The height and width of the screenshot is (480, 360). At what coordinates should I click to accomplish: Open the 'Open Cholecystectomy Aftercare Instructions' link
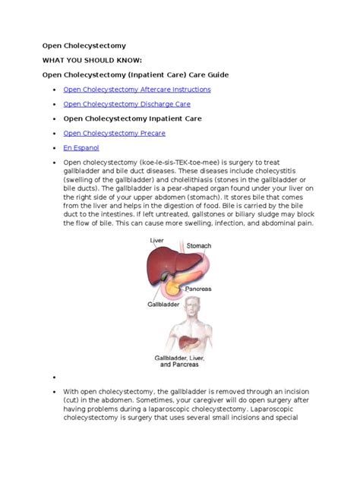[x=137, y=89]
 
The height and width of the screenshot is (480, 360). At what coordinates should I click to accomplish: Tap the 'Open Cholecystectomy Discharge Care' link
[x=126, y=103]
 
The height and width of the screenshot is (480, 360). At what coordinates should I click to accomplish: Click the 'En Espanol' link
[x=81, y=147]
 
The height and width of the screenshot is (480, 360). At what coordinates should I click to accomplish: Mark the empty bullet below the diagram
[x=56, y=376]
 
